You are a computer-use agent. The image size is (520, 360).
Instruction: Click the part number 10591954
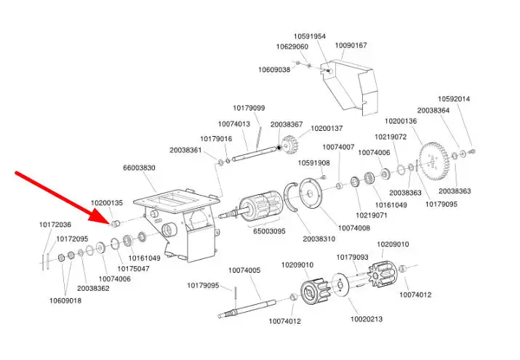point(310,36)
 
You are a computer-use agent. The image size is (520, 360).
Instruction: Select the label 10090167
point(351,45)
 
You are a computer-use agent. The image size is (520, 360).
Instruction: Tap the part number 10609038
point(274,70)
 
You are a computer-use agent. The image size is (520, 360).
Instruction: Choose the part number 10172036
point(55,225)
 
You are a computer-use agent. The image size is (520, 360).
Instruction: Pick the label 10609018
point(65,300)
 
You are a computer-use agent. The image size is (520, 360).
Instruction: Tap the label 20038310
point(319,239)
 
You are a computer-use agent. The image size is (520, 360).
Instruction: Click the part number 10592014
point(454,99)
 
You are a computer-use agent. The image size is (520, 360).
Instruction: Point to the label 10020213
point(367,319)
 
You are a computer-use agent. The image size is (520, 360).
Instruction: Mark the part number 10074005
point(244,271)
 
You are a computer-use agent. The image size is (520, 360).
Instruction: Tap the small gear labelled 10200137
point(295,146)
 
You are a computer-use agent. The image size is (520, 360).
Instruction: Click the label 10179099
point(249,108)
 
